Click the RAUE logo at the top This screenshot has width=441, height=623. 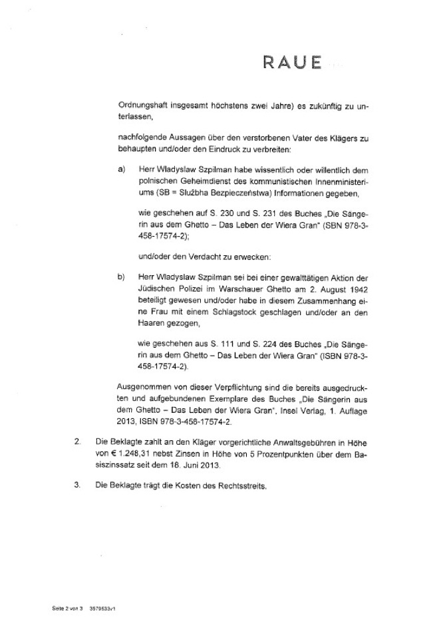click(x=291, y=63)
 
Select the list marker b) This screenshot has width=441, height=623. click(x=122, y=277)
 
